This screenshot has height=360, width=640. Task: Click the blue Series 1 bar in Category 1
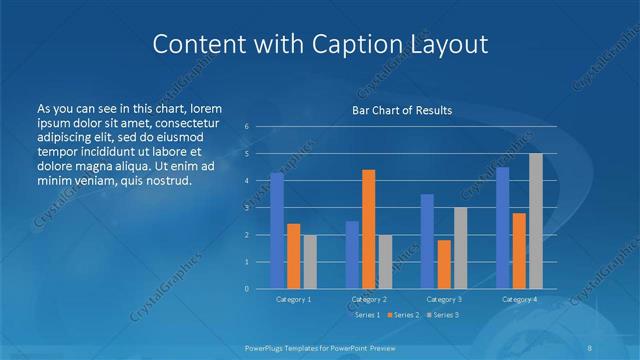click(277, 231)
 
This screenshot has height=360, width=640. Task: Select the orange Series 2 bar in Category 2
click(368, 229)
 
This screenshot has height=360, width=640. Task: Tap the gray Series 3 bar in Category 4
click(536, 221)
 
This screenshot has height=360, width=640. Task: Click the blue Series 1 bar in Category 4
click(503, 228)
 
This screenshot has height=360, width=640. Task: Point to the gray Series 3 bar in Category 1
click(309, 262)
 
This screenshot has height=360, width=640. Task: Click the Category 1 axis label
click(293, 299)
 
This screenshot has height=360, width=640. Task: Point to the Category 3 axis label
click(444, 299)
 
